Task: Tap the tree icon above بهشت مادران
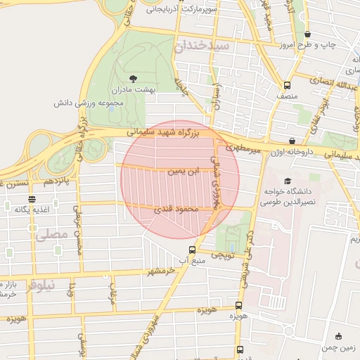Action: pos(134,79)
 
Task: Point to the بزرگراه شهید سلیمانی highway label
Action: pos(167,132)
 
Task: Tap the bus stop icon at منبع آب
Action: pos(193,250)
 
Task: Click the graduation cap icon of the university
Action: pos(286,181)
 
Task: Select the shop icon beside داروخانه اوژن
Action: pos(292,141)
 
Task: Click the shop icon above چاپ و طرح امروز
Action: pos(307,34)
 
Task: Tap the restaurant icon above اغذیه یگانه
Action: pos(29,199)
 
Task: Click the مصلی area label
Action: pos(52,236)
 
